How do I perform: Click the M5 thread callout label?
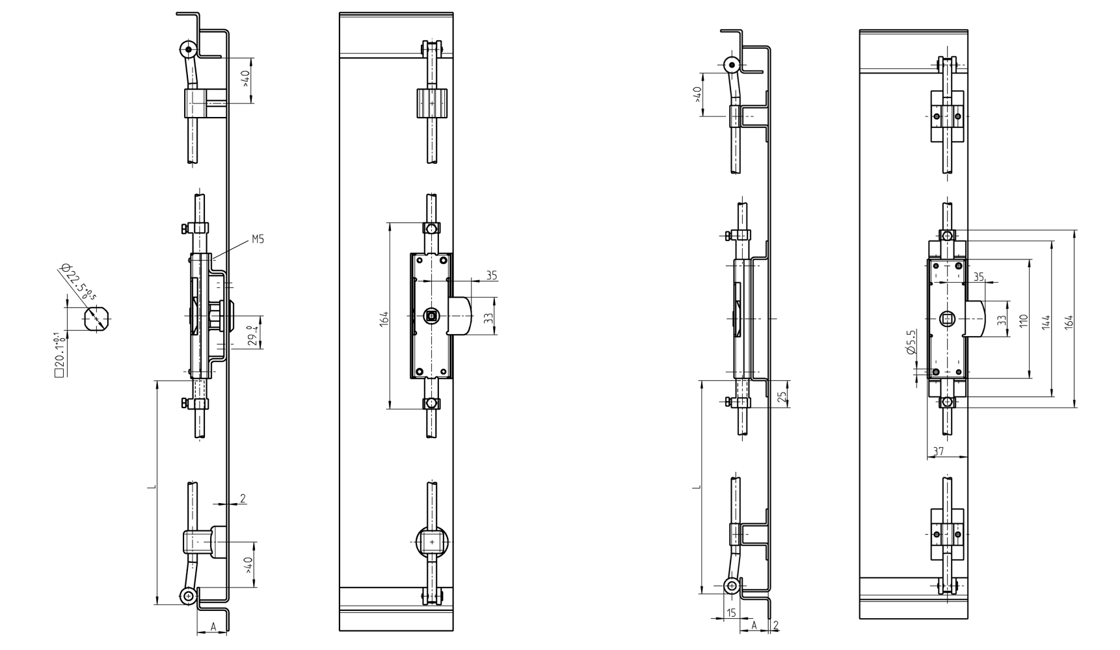click(x=258, y=239)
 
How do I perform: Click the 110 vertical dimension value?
click(x=1023, y=320)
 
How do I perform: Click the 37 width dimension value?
click(x=938, y=450)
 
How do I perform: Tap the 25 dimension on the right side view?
click(x=782, y=395)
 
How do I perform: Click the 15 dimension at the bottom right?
click(x=730, y=612)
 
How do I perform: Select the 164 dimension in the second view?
click(x=384, y=318)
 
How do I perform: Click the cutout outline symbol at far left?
click(x=96, y=319)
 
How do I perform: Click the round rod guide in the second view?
click(x=432, y=541)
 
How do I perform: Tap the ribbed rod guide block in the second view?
click(x=432, y=103)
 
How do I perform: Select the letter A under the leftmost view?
click(x=213, y=627)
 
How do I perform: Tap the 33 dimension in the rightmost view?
click(x=1001, y=320)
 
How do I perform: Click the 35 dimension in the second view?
click(x=491, y=276)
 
